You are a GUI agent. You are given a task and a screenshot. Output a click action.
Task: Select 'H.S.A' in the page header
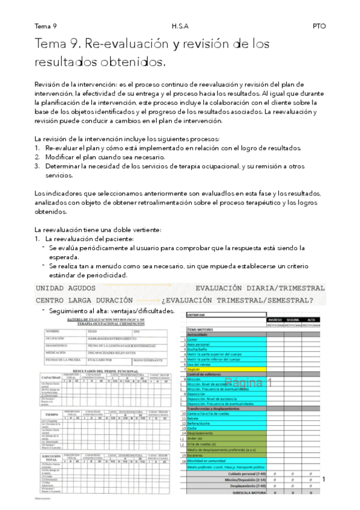pyautogui.click(x=179, y=26)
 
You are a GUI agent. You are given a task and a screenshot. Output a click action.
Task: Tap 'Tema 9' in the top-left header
pyautogui.click(x=46, y=26)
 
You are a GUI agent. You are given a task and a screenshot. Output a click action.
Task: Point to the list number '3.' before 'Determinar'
pyautogui.click(x=37, y=165)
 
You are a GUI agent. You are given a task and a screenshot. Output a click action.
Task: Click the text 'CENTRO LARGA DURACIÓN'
pyautogui.click(x=84, y=300)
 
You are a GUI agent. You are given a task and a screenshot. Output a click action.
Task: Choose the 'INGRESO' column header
pyautogui.click(x=275, y=319)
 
